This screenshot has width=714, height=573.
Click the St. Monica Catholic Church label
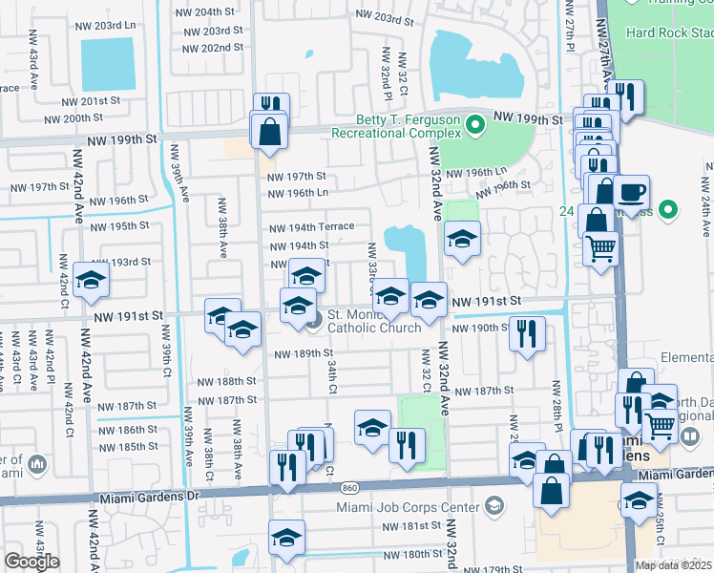tap(374, 321)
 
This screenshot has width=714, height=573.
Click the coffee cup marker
tap(631, 190)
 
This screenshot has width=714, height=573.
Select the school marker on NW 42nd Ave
tap(92, 280)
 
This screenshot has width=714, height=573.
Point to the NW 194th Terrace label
tap(311, 227)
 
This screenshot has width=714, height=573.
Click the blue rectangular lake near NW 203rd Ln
tap(108, 64)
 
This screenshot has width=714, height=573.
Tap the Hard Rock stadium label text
tap(668, 32)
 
